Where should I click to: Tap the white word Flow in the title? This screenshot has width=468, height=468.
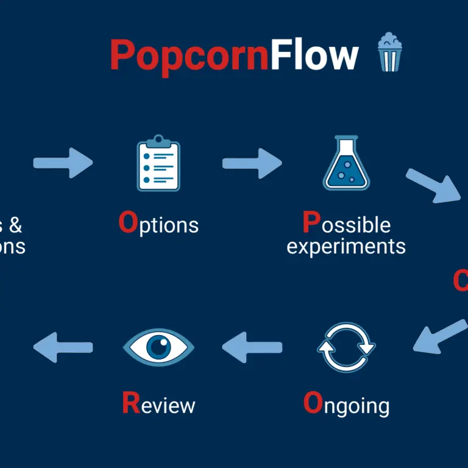[x=314, y=55]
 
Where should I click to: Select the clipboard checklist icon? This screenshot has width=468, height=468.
[x=158, y=163]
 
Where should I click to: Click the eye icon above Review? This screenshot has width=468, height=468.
[x=158, y=347]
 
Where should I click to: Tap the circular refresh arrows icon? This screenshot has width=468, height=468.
[x=346, y=347]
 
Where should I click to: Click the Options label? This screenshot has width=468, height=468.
[x=158, y=225]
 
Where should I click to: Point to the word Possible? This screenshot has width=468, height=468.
[x=346, y=224]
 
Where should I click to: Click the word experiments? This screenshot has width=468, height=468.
[x=346, y=246]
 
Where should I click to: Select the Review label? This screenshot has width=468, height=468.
[x=158, y=405]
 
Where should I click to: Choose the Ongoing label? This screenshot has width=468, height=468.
[x=346, y=405]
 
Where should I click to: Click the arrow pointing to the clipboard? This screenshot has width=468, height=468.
[x=63, y=162]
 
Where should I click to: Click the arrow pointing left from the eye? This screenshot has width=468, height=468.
[x=63, y=347]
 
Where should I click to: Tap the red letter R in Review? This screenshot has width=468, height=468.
[x=130, y=404]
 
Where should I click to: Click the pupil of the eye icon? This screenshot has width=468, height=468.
[x=159, y=347]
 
